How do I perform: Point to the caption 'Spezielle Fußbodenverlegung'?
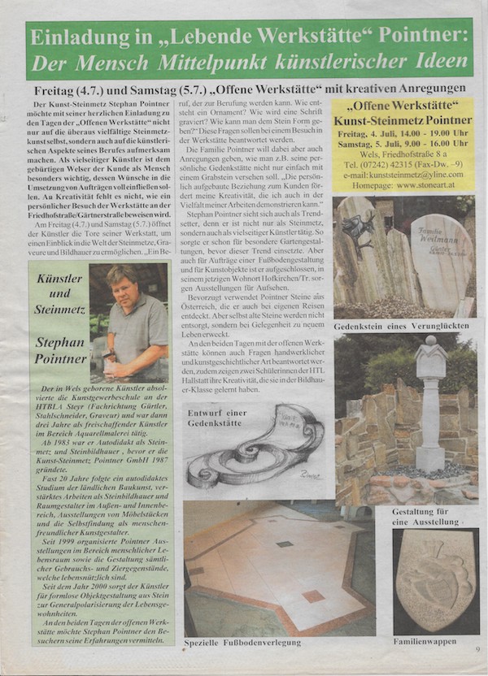(x=242, y=642)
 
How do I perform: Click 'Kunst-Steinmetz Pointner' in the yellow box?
(x=403, y=121)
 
